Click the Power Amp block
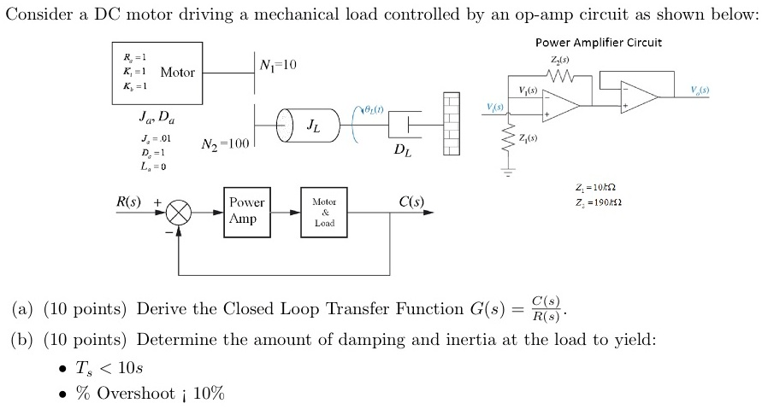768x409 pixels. tap(246, 211)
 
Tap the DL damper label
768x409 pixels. tap(402, 152)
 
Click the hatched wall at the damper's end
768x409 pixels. tap(451, 125)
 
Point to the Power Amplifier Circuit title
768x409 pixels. tap(598, 42)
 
